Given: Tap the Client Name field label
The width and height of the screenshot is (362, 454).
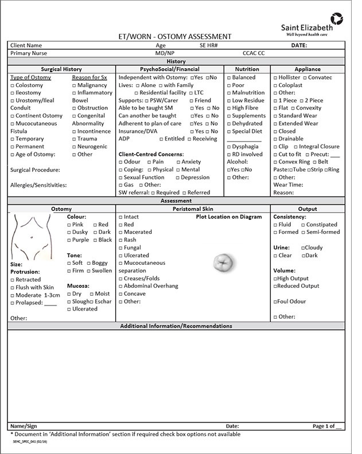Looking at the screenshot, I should (26, 45).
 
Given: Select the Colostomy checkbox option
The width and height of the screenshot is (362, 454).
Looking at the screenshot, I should (13, 85).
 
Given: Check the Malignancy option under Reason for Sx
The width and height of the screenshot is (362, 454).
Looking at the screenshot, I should (75, 85).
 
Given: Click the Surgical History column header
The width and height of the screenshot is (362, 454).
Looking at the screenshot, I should (61, 69).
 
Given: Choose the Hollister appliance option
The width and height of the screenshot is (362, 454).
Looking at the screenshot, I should (275, 77).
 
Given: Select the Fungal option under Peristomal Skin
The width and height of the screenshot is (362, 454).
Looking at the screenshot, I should (121, 248).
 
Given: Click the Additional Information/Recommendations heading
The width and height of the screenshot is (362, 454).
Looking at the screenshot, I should (176, 326).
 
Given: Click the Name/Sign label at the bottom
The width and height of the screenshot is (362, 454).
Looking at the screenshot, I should (24, 426).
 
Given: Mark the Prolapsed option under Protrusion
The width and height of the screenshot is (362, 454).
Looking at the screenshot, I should (13, 303).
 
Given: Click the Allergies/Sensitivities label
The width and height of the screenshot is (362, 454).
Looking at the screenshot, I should (38, 185).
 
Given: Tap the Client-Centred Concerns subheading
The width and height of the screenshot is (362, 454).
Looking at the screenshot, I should (151, 154).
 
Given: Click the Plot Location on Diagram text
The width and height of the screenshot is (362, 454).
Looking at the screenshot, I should (228, 217).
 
